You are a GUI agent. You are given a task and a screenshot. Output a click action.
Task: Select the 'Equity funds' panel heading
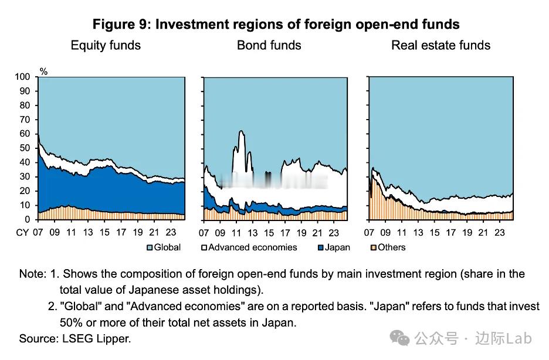106,45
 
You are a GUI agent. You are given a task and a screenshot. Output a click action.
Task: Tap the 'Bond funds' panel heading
269,45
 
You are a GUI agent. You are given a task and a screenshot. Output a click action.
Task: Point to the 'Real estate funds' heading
440,45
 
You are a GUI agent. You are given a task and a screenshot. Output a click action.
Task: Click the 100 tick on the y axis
22,77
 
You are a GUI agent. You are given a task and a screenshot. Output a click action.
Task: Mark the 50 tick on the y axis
25,148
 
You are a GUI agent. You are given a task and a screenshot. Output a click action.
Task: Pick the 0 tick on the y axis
27,220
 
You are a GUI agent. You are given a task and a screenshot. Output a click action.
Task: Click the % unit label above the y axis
43,71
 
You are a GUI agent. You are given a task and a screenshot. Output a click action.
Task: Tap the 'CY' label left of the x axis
22,232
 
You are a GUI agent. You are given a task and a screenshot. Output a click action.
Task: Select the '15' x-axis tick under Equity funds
104,232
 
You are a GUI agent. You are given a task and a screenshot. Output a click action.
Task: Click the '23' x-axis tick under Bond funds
334,232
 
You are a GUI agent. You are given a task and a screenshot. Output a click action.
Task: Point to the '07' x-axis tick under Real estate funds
370,232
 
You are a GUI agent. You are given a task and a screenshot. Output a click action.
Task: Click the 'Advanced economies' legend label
253,247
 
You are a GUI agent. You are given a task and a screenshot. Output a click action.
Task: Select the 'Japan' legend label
337,247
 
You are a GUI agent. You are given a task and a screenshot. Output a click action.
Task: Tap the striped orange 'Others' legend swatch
373,247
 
